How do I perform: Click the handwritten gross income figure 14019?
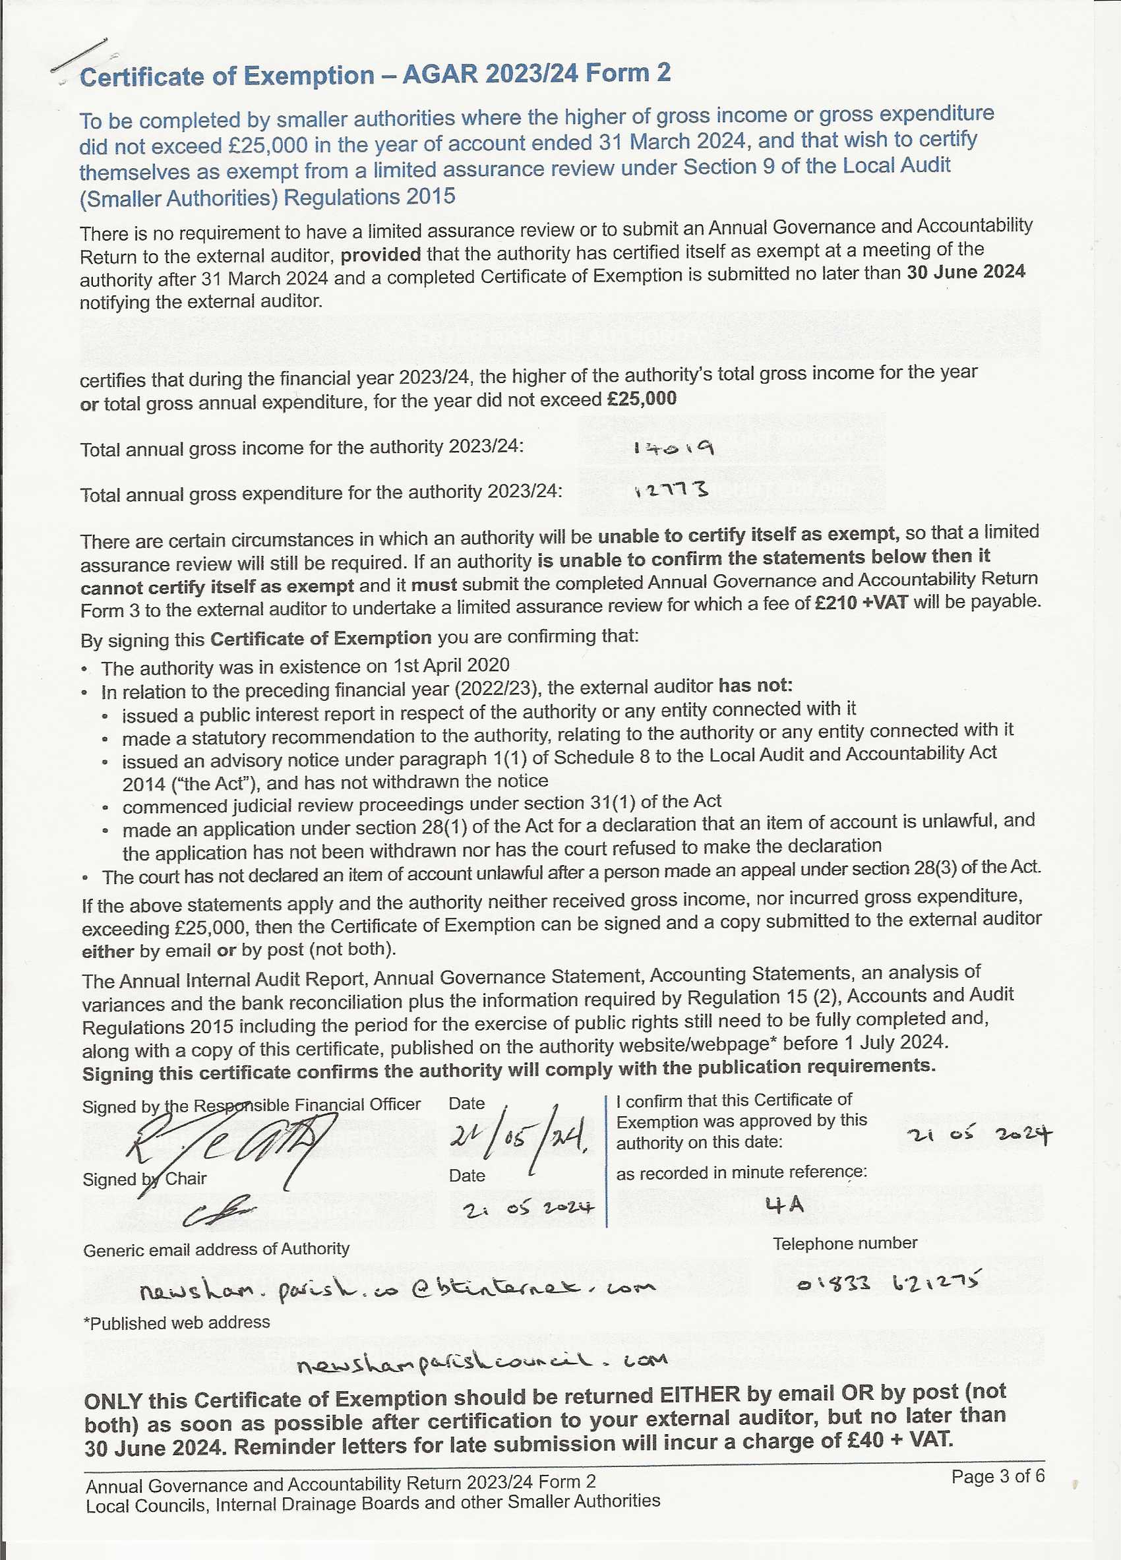[x=673, y=448]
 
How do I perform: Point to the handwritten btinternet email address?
[x=398, y=1289]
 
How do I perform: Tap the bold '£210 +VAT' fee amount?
[x=861, y=603]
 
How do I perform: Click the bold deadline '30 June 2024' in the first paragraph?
[x=965, y=272]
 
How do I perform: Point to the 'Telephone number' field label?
[x=845, y=1243]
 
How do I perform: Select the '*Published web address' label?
[x=177, y=1323]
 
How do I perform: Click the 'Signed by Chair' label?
[x=144, y=1179]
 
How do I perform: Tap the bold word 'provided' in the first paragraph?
[x=380, y=255]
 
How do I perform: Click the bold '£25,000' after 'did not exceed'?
[x=642, y=399]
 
